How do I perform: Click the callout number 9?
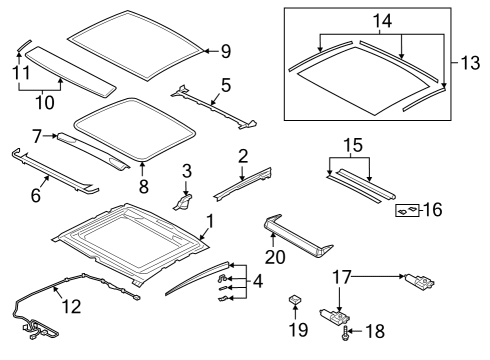(x=226, y=51)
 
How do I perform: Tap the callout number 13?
(x=470, y=63)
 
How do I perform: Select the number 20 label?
(x=275, y=257)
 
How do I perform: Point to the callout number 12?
(x=71, y=306)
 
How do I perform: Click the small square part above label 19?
(x=294, y=299)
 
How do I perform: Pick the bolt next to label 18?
(x=345, y=333)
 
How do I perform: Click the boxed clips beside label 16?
(x=407, y=210)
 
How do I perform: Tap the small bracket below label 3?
(x=183, y=202)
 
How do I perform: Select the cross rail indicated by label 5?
(x=213, y=107)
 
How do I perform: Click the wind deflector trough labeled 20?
(x=298, y=236)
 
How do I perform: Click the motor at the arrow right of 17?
(x=419, y=281)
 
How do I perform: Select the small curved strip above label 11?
(x=24, y=45)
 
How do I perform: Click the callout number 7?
(x=37, y=136)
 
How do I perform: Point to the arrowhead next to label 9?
(x=206, y=51)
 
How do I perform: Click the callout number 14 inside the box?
(x=382, y=21)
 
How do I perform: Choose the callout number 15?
(x=353, y=146)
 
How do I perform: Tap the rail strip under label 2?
(x=243, y=184)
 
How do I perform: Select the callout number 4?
(x=258, y=281)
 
